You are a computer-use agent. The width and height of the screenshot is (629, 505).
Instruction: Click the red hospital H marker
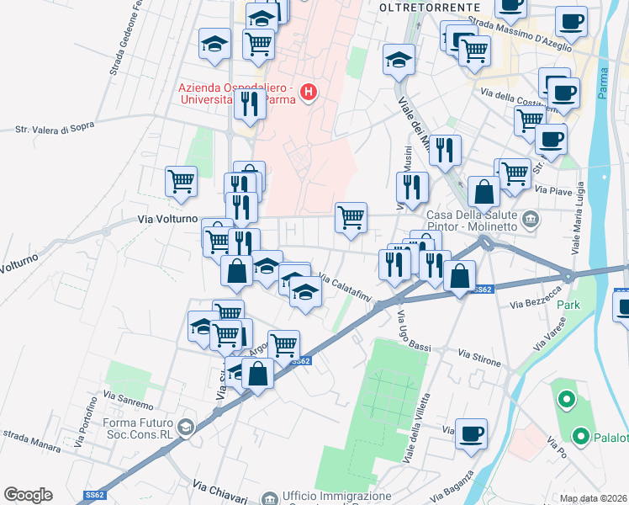tap(309, 92)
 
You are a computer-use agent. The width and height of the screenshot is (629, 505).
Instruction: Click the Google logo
tap(28, 495)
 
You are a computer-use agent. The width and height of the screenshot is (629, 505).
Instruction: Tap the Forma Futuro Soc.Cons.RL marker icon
tap(186, 428)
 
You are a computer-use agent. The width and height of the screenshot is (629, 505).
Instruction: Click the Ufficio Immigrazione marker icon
tap(269, 497)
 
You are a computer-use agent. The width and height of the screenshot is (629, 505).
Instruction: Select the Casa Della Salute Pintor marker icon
tap(530, 220)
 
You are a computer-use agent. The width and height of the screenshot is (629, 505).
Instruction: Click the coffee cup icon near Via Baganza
tap(472, 433)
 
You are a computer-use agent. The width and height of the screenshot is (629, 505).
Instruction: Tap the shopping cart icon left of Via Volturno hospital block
tap(182, 181)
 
